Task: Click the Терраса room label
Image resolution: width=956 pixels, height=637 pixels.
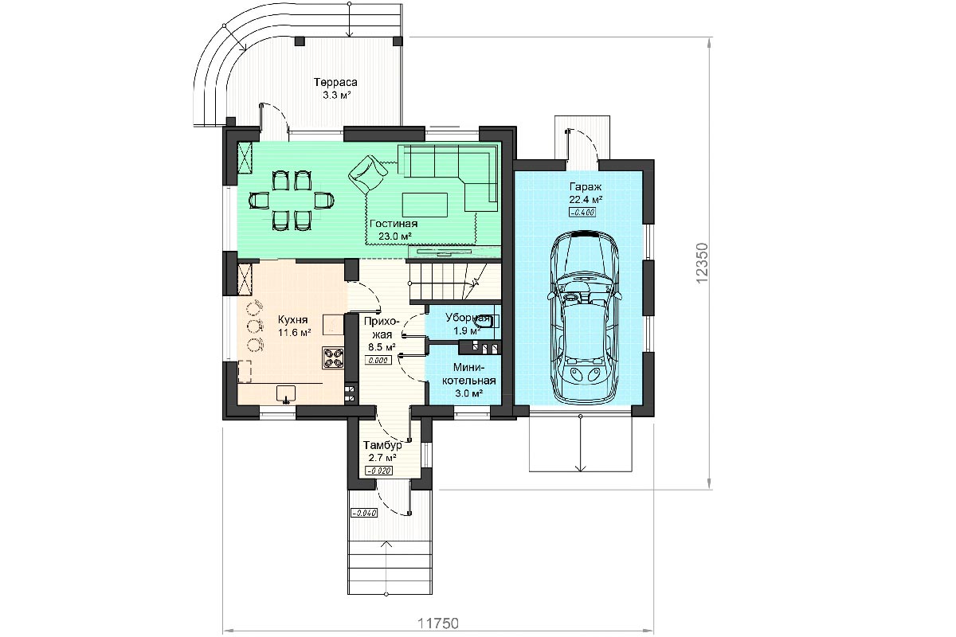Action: pos(335,82)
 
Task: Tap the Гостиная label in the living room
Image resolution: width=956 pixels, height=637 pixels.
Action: pos(394,224)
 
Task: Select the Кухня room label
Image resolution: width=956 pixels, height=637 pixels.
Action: pos(292,319)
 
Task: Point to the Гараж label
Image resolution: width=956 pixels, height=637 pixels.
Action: pos(585,187)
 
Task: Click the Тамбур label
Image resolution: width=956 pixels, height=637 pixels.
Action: pos(382,445)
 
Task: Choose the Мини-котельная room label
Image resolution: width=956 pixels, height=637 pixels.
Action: pos(469,373)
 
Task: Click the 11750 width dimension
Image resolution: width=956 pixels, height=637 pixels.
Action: pos(438,623)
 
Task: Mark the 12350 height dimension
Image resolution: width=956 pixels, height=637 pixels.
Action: pos(702,263)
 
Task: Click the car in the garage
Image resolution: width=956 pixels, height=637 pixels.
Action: pos(584,317)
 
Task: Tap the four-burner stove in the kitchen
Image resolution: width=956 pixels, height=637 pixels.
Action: pos(333,358)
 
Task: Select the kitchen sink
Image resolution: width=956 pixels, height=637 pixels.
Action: pos(285,393)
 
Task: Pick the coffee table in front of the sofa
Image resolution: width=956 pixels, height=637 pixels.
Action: pos(425,205)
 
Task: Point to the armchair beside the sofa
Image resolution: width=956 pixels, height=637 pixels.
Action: pos(368,174)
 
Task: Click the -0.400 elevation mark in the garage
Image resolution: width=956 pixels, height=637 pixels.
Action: pos(582,213)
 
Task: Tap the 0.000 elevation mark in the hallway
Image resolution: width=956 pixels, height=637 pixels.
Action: pos(378,360)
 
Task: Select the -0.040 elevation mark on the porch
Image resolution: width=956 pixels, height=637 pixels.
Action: pos(364,513)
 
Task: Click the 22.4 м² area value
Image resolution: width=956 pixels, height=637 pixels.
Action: pos(586,200)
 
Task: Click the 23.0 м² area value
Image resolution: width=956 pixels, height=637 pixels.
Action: pos(395,236)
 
